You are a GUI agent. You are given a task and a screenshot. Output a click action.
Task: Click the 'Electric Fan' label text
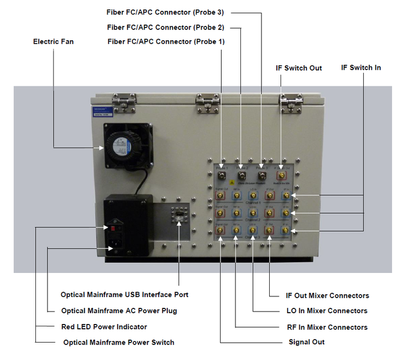(53, 42)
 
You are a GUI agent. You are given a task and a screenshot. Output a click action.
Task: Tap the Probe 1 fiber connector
(222, 176)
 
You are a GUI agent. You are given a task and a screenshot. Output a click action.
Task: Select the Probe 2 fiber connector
(242, 176)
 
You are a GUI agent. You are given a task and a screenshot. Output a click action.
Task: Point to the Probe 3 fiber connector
(262, 176)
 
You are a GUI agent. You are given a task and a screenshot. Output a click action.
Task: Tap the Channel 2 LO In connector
(254, 213)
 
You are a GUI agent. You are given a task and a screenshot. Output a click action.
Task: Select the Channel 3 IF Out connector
(270, 230)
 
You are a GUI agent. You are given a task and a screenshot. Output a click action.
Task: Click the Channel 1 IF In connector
(287, 196)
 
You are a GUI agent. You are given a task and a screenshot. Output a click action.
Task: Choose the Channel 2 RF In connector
(237, 213)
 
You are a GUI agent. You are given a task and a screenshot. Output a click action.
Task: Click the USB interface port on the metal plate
(178, 215)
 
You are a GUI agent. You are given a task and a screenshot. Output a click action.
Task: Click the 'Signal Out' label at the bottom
(302, 342)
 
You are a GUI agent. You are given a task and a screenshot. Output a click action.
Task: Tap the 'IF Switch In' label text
(361, 68)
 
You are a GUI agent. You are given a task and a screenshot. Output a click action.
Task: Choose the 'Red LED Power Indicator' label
(104, 327)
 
